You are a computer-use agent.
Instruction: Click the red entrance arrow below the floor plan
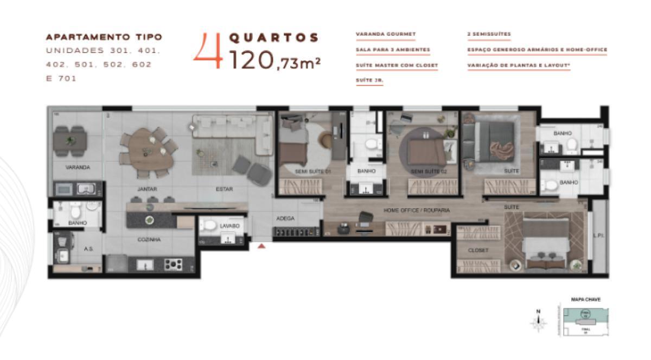262,246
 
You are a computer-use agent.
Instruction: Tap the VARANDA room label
78,168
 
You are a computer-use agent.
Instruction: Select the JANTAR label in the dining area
147,189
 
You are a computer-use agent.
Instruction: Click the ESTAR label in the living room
224,189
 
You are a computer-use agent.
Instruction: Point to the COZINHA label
149,239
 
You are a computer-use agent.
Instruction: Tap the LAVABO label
226,226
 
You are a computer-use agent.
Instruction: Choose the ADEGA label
285,218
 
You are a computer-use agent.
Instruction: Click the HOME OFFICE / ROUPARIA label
417,210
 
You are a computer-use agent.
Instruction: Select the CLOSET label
478,250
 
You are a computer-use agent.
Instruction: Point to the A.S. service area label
89,249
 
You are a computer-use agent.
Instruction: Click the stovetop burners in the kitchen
173,264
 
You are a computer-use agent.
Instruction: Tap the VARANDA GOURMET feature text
386,34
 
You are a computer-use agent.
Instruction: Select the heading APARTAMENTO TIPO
104,37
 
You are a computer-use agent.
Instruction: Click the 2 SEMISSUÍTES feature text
489,34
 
